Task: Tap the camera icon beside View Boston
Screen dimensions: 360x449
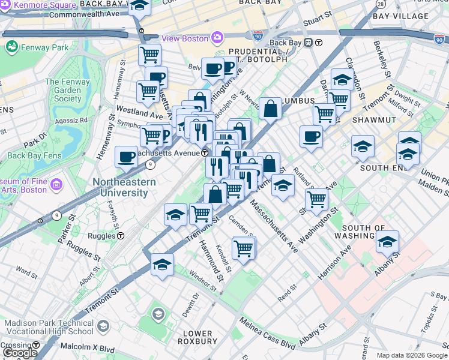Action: (217, 38)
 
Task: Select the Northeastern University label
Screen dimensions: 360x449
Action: (124, 187)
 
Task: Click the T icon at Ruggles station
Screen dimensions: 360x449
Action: (120, 236)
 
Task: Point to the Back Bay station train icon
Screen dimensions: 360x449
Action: (309, 43)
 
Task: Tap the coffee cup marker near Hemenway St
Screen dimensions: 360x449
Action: (126, 157)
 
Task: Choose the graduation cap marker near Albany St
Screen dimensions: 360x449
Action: (387, 242)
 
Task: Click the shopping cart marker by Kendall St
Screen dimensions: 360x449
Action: (243, 247)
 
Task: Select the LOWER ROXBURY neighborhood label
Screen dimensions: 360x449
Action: (197, 337)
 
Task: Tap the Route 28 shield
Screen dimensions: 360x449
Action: (380, 4)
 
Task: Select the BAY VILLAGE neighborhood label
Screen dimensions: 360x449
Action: (397, 16)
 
